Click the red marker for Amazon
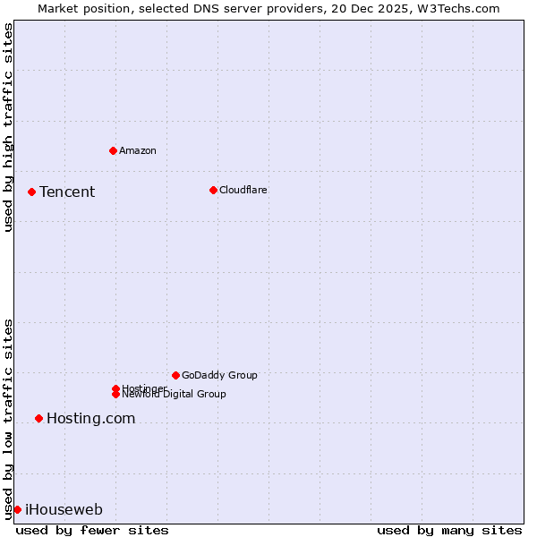point(113,150)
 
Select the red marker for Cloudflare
point(213,190)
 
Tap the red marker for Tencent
point(31,192)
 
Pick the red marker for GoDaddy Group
point(175,375)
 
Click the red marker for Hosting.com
point(38,418)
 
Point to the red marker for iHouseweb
point(17,509)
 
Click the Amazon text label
point(137,150)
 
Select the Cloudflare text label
point(243,190)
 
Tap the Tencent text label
point(67,192)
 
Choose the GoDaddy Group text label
point(219,375)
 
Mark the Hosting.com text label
point(90,418)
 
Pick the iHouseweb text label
point(64,509)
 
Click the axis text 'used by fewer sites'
point(92,530)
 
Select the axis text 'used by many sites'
point(449,530)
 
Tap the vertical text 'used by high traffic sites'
point(8,127)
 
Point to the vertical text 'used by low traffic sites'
point(8,418)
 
